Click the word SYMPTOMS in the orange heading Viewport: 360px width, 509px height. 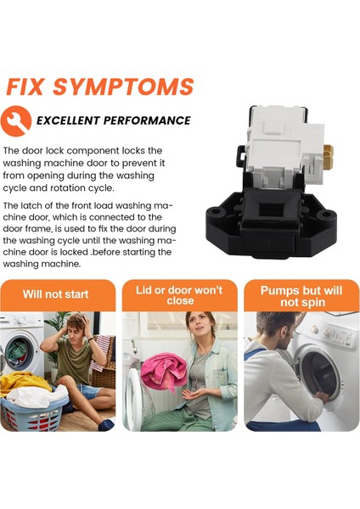[123, 87]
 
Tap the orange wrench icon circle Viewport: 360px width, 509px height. [16, 120]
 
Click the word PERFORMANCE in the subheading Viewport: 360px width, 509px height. [147, 120]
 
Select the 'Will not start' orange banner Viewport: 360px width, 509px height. [58, 295]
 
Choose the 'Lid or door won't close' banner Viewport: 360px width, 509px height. [180, 295]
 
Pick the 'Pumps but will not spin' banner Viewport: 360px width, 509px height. [301, 295]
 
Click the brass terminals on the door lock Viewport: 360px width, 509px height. [328, 156]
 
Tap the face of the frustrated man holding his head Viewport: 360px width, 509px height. [76, 331]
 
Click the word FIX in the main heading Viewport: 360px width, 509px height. [25, 87]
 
